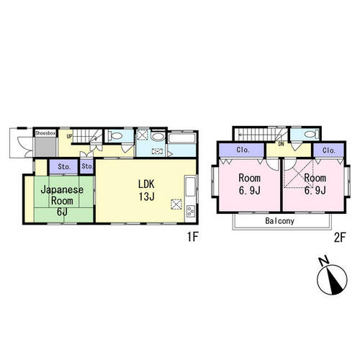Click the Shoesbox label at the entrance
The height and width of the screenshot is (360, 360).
[45, 133]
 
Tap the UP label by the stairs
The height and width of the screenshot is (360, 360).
[69, 136]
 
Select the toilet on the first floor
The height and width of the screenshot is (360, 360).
[115, 136]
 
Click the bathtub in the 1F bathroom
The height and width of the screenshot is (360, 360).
[182, 138]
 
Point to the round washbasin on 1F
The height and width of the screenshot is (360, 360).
[158, 137]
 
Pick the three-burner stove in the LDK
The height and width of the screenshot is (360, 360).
[191, 211]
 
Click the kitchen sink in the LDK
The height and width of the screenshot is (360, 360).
[191, 186]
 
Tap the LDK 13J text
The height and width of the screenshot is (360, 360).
[146, 190]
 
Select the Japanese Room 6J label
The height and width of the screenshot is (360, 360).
[62, 201]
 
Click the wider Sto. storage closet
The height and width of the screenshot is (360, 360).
[64, 166]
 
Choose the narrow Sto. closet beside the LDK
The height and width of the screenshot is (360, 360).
[86, 166]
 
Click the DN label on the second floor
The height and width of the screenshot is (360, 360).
[281, 144]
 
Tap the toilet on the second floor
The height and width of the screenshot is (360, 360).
[311, 134]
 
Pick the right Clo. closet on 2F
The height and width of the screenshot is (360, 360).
[328, 150]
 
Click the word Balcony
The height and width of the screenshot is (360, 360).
[280, 221]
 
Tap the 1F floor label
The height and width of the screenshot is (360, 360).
[192, 237]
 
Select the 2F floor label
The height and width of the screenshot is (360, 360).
[339, 238]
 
